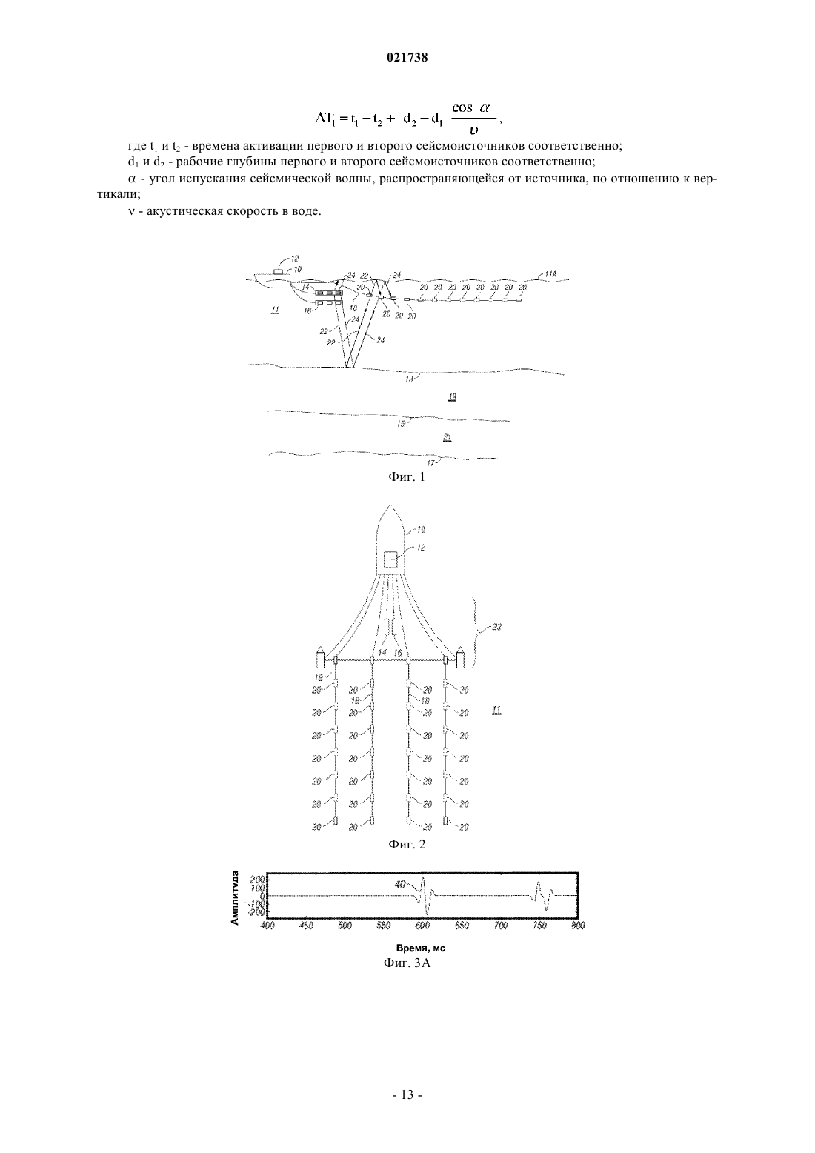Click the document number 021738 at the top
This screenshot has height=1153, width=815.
(407, 58)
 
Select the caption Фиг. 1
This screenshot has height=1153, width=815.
(407, 477)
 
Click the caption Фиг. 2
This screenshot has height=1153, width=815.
(407, 845)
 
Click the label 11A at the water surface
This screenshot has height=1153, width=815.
(550, 274)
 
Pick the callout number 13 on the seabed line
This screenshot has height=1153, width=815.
(410, 379)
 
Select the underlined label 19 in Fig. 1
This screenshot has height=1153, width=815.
(452, 397)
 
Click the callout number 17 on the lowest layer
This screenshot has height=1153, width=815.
(431, 462)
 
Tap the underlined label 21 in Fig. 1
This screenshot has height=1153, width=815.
(448, 437)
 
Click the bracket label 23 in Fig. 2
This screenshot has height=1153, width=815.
(496, 627)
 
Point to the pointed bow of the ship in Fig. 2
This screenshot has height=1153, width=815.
(390, 505)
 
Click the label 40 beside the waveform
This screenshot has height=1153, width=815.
(400, 885)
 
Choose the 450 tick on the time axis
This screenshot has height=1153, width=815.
(306, 925)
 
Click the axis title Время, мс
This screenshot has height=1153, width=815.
(420, 948)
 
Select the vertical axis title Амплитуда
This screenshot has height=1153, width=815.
(235, 898)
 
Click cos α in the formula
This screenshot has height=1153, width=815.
(470, 108)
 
